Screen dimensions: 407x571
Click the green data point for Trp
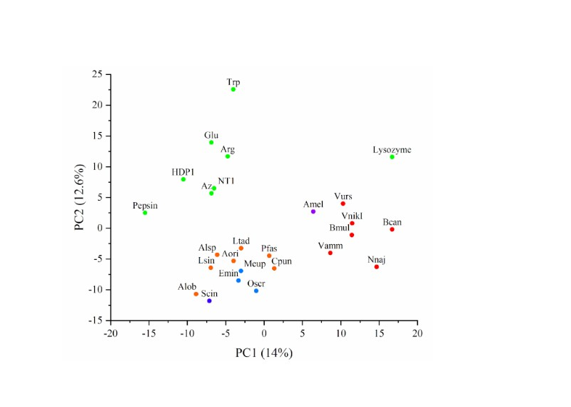tap(233, 89)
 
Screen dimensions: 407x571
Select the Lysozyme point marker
tap(392, 156)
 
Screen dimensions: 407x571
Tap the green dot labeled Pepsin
tap(145, 213)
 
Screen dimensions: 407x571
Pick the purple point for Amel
tap(313, 211)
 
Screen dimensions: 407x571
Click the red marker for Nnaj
tap(377, 267)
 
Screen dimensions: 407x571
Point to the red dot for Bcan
tap(392, 229)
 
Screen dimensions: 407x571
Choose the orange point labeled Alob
tap(196, 294)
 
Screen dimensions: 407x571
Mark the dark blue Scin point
tap(209, 301)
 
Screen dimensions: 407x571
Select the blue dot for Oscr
tap(256, 291)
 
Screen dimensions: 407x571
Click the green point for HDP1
tap(183, 179)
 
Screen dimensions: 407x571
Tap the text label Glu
tap(211, 135)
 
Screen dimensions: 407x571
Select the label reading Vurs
tap(343, 196)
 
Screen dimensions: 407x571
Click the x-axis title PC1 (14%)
tap(264, 353)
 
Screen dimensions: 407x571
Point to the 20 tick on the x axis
tap(418, 333)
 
